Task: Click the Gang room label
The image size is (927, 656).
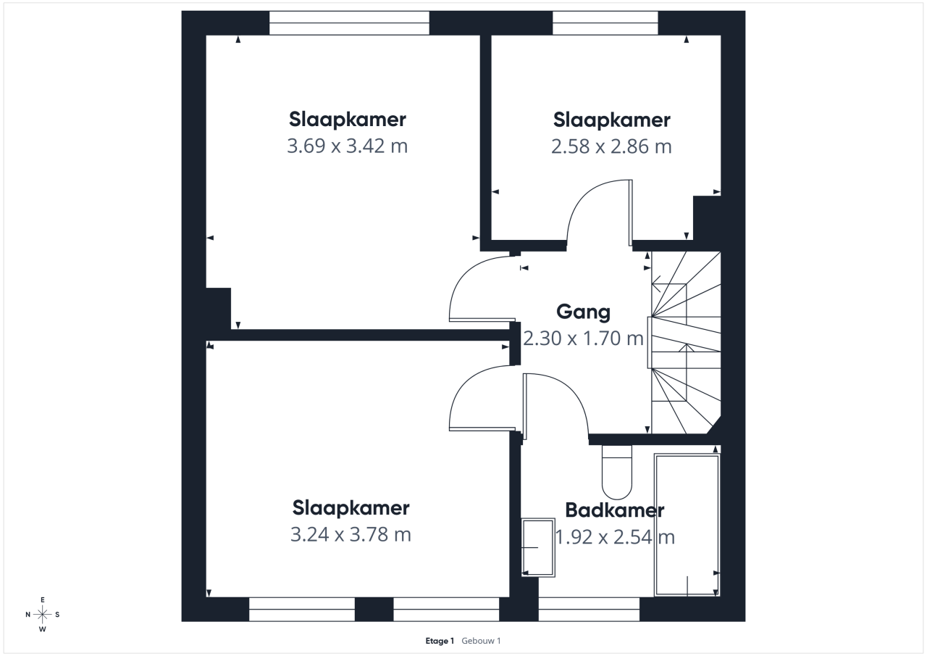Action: (583, 312)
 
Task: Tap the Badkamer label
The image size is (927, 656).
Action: (615, 510)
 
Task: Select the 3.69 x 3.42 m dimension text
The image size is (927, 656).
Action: (347, 146)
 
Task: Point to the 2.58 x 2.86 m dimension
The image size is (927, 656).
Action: (611, 146)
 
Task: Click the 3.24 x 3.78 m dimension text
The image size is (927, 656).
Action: (351, 534)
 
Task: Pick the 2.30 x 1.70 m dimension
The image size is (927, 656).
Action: (583, 338)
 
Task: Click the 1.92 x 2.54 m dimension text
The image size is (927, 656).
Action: (615, 536)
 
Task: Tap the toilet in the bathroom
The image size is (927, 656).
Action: (616, 472)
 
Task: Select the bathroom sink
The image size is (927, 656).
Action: (538, 547)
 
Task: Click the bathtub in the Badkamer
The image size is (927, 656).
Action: (687, 525)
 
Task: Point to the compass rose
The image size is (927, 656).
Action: (43, 614)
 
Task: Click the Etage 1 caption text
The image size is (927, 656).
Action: (440, 641)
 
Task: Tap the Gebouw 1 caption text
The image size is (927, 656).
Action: (481, 641)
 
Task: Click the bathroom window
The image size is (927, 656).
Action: (589, 609)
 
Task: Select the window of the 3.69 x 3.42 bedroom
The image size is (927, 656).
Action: (349, 23)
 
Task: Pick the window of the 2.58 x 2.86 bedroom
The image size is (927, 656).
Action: (605, 23)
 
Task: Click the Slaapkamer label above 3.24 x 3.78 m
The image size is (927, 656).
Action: (351, 508)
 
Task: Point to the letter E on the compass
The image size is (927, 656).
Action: (42, 599)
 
